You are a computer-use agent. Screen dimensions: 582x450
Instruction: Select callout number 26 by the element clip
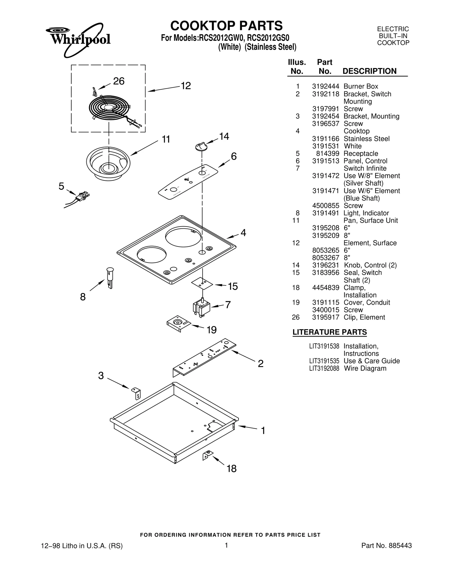(118, 81)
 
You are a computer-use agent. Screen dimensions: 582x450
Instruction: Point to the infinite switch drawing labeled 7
(201, 307)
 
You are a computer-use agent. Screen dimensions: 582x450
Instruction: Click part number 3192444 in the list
(325, 87)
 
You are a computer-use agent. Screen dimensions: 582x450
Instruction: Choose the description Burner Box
(361, 87)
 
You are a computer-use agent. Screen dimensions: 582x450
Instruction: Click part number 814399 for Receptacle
(327, 154)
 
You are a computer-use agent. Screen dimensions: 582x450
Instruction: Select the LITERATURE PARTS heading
(329, 332)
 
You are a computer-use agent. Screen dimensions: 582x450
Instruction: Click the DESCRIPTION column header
(369, 71)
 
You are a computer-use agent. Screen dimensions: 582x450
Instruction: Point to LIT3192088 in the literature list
(324, 368)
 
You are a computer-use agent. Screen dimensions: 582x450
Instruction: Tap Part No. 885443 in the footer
(386, 546)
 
